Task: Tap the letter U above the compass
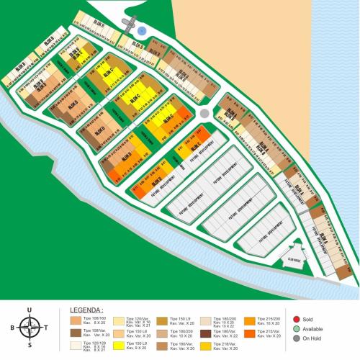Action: pyautogui.click(x=29, y=311)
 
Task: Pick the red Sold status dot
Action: pyautogui.click(x=296, y=318)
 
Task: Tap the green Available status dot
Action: pyautogui.click(x=296, y=328)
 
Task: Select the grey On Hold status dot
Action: pyautogui.click(x=296, y=338)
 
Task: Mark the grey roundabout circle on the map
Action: pyautogui.click(x=204, y=113)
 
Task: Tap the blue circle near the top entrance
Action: pyautogui.click(x=142, y=31)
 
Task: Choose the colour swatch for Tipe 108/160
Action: pyautogui.click(x=76, y=320)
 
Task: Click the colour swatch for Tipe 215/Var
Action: pyautogui.click(x=249, y=333)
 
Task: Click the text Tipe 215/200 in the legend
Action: pyautogui.click(x=267, y=318)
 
